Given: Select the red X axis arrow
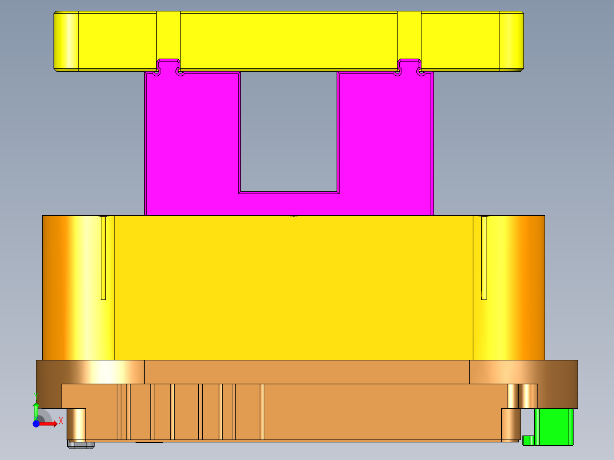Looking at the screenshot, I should [48, 423].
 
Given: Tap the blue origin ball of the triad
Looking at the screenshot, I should [36, 424].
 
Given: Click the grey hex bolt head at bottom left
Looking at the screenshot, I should [80, 444].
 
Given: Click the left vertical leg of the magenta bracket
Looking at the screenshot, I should [191, 142].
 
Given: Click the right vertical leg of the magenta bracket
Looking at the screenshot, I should [386, 142].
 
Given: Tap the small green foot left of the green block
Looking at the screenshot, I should [529, 440].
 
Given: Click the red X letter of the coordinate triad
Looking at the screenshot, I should [61, 421].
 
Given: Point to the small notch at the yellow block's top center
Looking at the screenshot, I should [294, 216].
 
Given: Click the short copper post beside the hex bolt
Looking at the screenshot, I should [76, 424].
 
